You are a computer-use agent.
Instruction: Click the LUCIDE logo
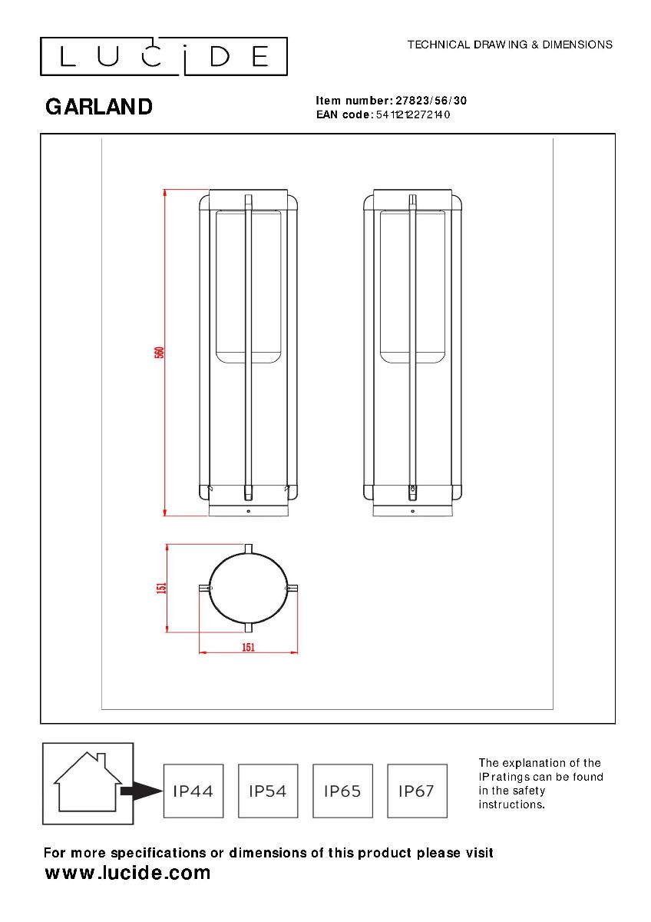coord(164,56)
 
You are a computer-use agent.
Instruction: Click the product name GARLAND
coord(99,107)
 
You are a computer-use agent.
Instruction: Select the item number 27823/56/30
coord(431,101)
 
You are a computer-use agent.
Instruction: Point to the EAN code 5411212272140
coord(413,114)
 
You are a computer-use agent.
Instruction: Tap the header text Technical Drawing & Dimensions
coord(510,45)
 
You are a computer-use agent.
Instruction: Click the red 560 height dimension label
coord(159,353)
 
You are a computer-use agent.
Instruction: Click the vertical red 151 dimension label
coord(162,587)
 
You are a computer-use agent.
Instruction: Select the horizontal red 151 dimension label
coord(249,648)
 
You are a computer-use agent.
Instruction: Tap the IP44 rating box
coord(193,791)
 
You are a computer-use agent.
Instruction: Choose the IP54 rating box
coord(268,791)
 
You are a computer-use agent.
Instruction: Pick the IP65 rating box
coord(342,791)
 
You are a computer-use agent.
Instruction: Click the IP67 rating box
coord(417,791)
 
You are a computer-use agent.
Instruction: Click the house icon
coord(88,782)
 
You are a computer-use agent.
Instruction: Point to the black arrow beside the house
coord(141,791)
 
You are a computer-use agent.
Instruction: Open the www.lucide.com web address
coord(127,872)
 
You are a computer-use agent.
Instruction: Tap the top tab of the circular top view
coord(249,549)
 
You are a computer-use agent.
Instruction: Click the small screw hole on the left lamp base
coord(249,511)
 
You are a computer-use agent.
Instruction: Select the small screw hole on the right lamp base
coord(413,511)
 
